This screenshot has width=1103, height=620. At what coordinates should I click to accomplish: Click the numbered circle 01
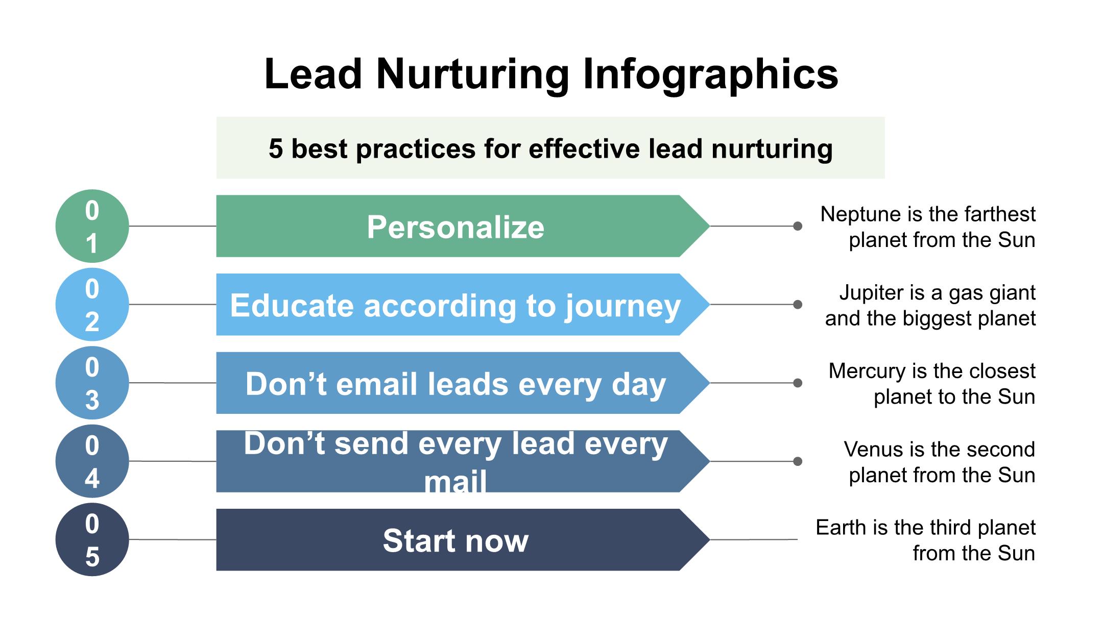click(92, 226)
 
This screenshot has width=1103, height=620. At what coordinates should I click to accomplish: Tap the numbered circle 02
click(92, 305)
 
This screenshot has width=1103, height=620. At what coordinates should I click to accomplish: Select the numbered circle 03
click(92, 383)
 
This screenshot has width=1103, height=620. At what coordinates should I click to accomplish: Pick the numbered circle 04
click(92, 461)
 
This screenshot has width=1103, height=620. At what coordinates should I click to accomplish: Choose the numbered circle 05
click(92, 539)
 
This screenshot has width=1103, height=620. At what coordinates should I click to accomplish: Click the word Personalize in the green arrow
click(455, 227)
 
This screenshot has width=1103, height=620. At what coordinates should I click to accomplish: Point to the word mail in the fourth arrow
click(455, 481)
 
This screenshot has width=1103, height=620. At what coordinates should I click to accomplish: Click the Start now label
click(455, 540)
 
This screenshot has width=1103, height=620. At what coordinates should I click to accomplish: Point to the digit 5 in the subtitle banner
click(276, 149)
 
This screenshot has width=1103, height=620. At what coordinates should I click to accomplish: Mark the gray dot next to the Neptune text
click(798, 226)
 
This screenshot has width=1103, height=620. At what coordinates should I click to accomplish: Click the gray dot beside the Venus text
click(798, 461)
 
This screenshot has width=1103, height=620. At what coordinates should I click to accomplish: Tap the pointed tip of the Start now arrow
click(710, 539)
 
